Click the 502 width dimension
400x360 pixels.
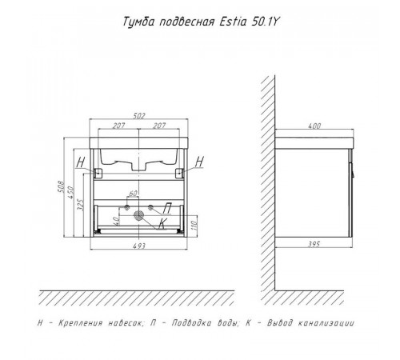click(x=139, y=116)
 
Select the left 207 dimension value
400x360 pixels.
click(x=118, y=126)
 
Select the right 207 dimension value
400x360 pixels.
click(x=159, y=126)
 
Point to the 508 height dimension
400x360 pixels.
click(x=61, y=187)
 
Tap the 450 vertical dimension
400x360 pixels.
click(x=71, y=192)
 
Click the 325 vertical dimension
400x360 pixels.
click(x=81, y=205)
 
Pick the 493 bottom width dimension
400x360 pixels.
click(x=139, y=246)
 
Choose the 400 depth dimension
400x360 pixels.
click(x=314, y=126)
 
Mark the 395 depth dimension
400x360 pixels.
click(x=314, y=244)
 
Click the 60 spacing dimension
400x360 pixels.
click(x=133, y=193)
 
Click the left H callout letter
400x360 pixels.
click(x=81, y=162)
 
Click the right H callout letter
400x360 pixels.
click(x=199, y=162)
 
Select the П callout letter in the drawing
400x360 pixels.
click(x=167, y=209)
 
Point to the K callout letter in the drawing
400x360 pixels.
click(x=162, y=223)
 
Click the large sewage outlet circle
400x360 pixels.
click(x=138, y=215)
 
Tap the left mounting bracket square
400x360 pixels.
click(x=98, y=173)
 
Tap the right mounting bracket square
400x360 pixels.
click(x=179, y=173)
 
